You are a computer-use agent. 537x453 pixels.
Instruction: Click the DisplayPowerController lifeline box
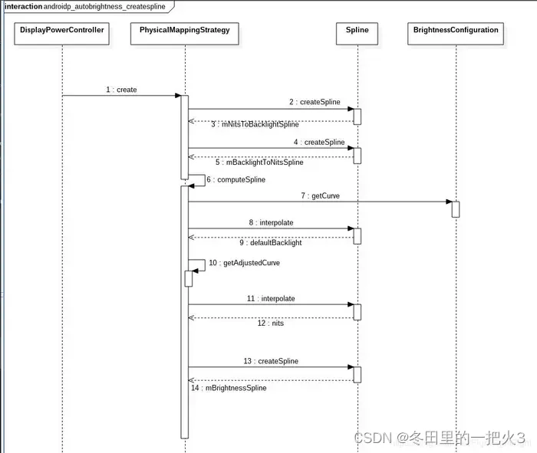click(x=61, y=31)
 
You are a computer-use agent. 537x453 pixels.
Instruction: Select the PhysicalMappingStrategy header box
click(x=184, y=31)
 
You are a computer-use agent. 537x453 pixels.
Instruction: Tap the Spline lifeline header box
click(x=357, y=31)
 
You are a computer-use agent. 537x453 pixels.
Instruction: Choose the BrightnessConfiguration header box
click(x=456, y=31)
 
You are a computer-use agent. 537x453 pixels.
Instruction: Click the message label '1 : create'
click(x=121, y=90)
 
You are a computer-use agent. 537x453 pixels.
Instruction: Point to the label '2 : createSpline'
click(x=315, y=102)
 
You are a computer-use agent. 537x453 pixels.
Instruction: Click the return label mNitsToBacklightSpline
click(x=255, y=124)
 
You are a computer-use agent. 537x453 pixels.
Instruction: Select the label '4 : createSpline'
click(x=318, y=142)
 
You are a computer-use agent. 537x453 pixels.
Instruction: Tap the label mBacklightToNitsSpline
click(x=259, y=162)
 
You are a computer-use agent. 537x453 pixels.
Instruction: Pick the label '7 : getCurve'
click(x=321, y=196)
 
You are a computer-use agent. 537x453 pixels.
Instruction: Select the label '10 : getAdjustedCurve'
click(x=244, y=263)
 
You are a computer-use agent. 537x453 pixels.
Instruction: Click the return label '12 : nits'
click(x=270, y=323)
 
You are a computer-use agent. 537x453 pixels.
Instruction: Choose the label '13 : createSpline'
click(x=271, y=361)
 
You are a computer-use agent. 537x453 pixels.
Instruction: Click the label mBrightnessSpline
click(x=229, y=388)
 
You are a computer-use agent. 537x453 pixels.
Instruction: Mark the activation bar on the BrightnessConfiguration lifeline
click(x=456, y=209)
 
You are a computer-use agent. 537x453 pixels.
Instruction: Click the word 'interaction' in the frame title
click(x=23, y=6)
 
